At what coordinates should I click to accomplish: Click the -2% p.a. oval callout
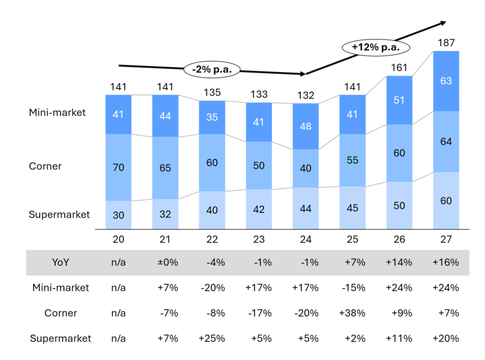(x=212, y=69)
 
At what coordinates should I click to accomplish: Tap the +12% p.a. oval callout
(x=376, y=47)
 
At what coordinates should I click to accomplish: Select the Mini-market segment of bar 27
(x=446, y=81)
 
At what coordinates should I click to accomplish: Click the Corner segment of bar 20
(x=118, y=167)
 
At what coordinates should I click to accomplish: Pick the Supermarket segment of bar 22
(x=212, y=210)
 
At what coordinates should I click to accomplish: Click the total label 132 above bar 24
(x=305, y=96)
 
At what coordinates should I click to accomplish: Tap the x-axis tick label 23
(x=259, y=239)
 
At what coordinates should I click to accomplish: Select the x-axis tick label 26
(x=399, y=239)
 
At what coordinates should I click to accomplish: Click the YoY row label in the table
(x=60, y=262)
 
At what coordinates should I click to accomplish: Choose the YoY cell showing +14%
(x=399, y=262)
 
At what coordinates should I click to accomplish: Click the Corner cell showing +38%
(x=352, y=313)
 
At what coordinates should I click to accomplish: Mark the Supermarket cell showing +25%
(x=212, y=339)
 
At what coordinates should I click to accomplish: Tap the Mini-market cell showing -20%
(x=212, y=288)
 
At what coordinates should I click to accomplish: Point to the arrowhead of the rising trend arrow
(x=443, y=22)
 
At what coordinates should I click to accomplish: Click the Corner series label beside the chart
(x=45, y=166)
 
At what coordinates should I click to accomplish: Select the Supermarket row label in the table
(x=60, y=339)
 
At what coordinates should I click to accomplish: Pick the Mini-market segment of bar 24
(x=305, y=126)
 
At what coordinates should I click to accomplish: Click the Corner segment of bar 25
(x=352, y=160)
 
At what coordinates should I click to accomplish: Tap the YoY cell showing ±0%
(x=165, y=262)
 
